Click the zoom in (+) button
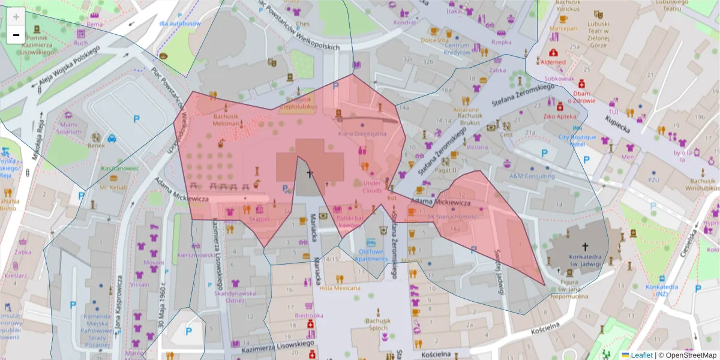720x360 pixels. click(x=16, y=16)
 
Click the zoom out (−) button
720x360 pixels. click(x=16, y=35)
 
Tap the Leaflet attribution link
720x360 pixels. click(x=641, y=355)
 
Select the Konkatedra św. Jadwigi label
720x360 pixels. click(x=584, y=259)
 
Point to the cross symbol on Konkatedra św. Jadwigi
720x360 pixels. click(x=585, y=246)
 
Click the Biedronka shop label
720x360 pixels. click(x=309, y=315)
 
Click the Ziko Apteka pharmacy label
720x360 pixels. click(x=559, y=116)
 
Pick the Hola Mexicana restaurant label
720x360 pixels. click(x=339, y=288)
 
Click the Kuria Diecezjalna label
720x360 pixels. click(x=362, y=134)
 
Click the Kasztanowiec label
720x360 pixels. click(x=120, y=169)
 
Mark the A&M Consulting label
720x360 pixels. click(x=532, y=176)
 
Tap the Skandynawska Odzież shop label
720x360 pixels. click(x=235, y=297)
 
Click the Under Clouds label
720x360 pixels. click(x=372, y=187)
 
